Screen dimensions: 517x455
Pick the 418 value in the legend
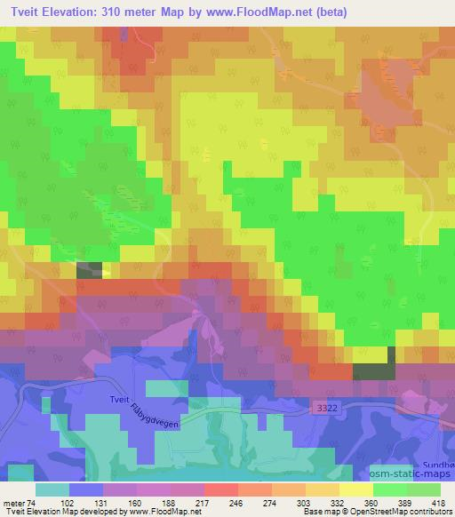coord(440,502)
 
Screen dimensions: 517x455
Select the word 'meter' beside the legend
coord(14,502)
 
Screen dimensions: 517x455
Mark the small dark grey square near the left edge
coord(90,271)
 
